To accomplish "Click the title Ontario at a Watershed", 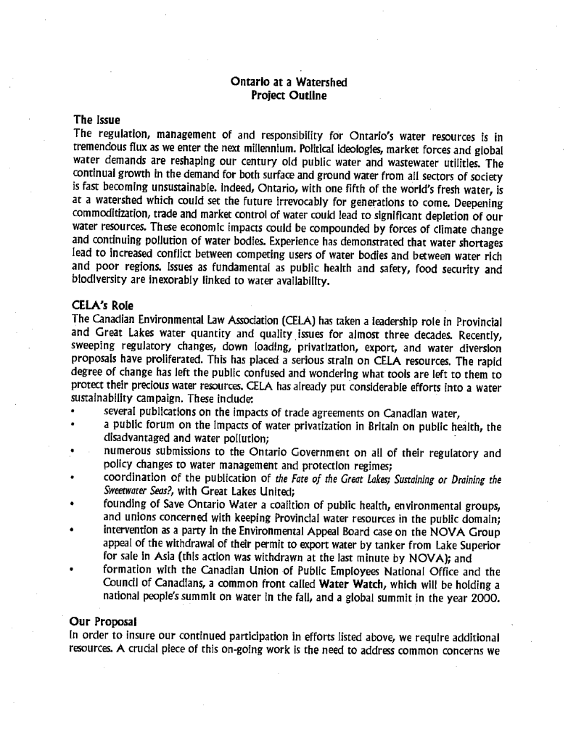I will point(289,83).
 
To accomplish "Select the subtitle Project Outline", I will point(289,95).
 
